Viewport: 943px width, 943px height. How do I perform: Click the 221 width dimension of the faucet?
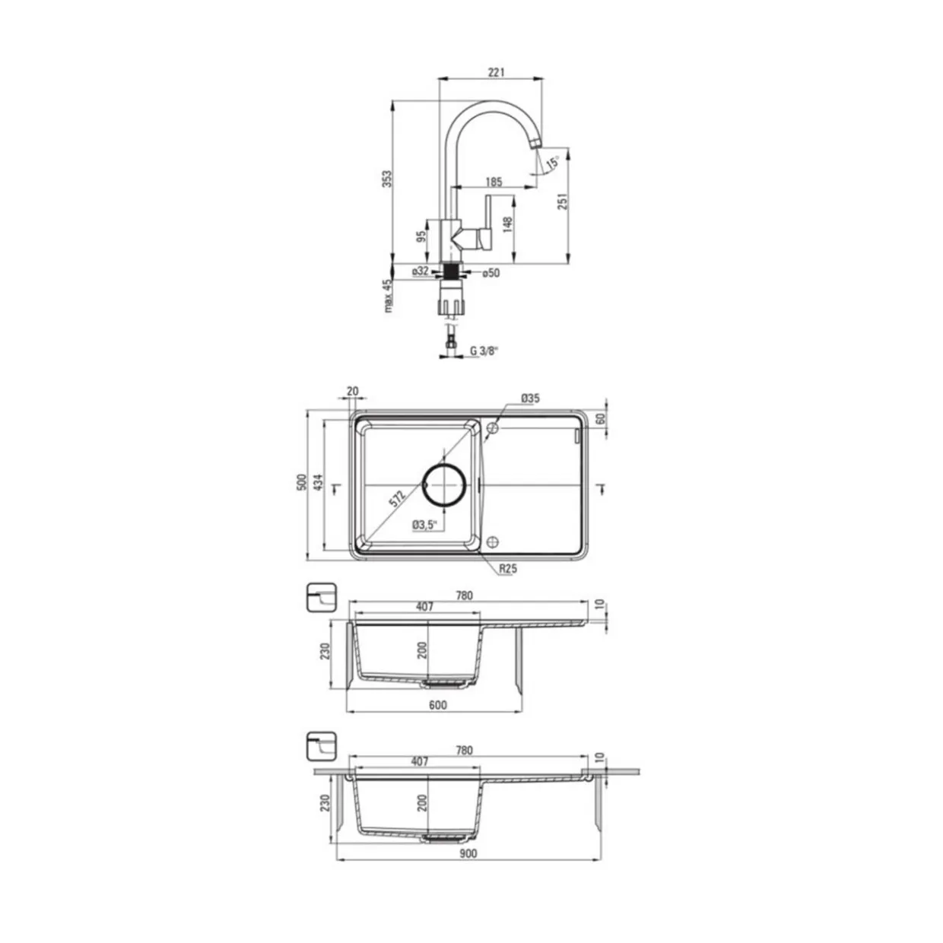pyautogui.click(x=496, y=72)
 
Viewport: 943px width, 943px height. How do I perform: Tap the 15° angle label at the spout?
pyautogui.click(x=553, y=162)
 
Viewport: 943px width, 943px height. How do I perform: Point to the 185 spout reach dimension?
pyautogui.click(x=494, y=182)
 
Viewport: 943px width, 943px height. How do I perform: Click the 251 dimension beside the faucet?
pyautogui.click(x=564, y=201)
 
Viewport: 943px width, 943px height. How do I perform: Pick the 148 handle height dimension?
pyautogui.click(x=508, y=224)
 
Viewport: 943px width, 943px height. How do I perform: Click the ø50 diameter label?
pyautogui.click(x=491, y=273)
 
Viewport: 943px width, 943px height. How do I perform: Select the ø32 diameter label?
pyautogui.click(x=421, y=271)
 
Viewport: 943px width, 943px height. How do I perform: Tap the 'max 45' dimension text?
pyautogui.click(x=388, y=296)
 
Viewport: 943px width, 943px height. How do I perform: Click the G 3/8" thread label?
pyautogui.click(x=484, y=351)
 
